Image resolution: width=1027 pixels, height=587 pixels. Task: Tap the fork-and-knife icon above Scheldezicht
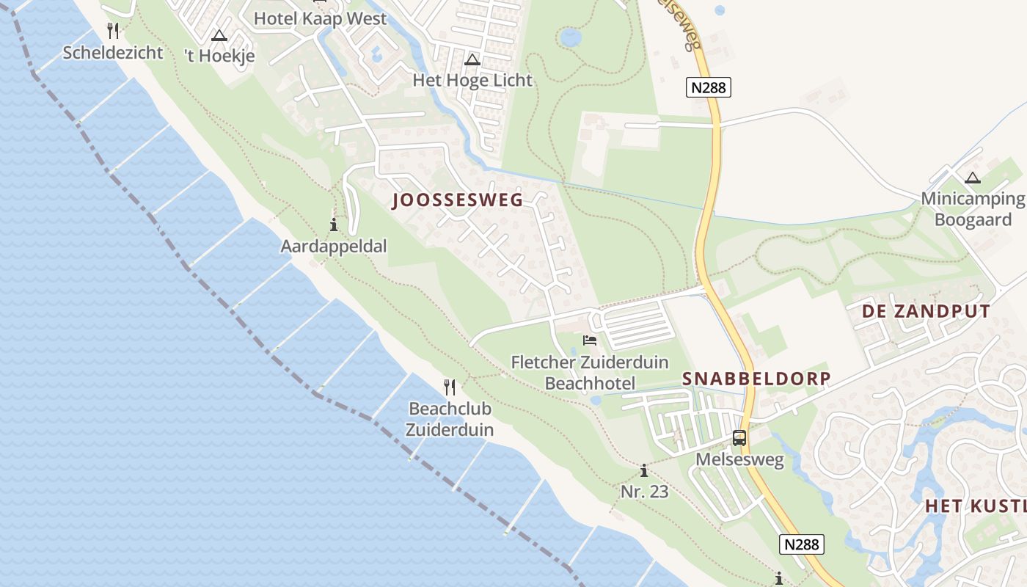pyautogui.click(x=112, y=31)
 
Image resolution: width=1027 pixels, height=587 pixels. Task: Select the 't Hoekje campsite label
pyautogui.click(x=219, y=56)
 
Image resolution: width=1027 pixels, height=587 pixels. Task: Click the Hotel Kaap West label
pyautogui.click(x=320, y=18)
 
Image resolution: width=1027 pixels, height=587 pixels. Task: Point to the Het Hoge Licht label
pyautogui.click(x=472, y=80)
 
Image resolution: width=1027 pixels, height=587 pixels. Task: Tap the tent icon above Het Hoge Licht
pyautogui.click(x=472, y=59)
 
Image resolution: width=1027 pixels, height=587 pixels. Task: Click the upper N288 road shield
pyautogui.click(x=709, y=87)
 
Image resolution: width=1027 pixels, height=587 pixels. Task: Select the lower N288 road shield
pyautogui.click(x=802, y=544)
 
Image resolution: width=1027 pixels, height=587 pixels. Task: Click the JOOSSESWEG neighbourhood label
pyautogui.click(x=458, y=200)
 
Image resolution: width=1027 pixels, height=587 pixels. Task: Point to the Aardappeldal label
pyautogui.click(x=334, y=246)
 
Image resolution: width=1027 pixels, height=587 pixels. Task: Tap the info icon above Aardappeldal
pyautogui.click(x=334, y=225)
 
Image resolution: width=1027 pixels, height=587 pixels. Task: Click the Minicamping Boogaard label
pyautogui.click(x=973, y=209)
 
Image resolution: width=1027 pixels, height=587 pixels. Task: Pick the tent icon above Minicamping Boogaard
pyautogui.click(x=973, y=178)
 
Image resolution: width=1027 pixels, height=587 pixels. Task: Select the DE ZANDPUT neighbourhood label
pyautogui.click(x=926, y=311)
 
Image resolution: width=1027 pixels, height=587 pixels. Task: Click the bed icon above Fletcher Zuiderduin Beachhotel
pyautogui.click(x=589, y=340)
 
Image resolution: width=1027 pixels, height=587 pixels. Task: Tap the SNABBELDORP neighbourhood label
pyautogui.click(x=756, y=379)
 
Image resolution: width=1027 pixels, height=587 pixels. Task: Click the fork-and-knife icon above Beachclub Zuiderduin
pyautogui.click(x=450, y=387)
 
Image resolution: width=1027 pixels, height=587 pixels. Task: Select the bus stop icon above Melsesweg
pyautogui.click(x=739, y=438)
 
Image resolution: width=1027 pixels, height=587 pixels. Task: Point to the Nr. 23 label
pyautogui.click(x=645, y=492)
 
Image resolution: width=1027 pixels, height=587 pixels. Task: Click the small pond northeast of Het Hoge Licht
pyautogui.click(x=570, y=36)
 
